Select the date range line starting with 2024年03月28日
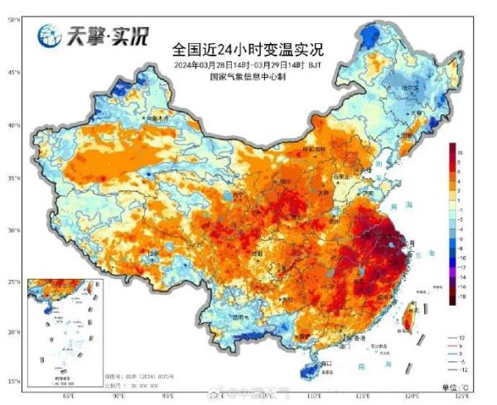point(248,64)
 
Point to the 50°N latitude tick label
point(14,19)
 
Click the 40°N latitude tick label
point(14,125)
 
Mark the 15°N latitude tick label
point(14,381)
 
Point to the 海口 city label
point(326,362)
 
